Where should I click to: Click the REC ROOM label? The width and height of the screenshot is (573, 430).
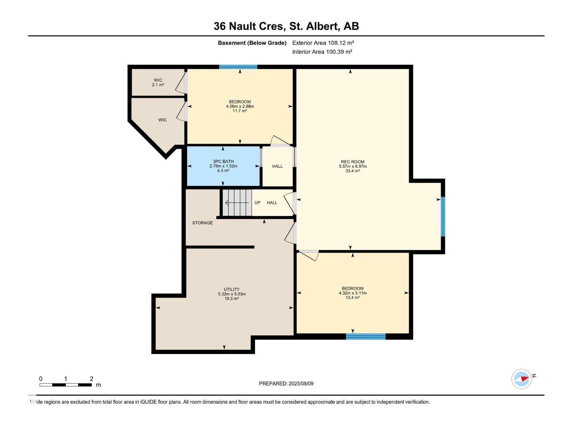point(352,162)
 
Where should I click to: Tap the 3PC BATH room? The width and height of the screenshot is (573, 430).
point(223,166)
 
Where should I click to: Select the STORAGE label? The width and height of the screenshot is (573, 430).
point(202,223)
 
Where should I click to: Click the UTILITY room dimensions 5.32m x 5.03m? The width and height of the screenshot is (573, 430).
point(232,294)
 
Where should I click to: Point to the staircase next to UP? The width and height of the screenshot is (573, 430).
point(237,203)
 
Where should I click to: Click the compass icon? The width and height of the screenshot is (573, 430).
point(521,379)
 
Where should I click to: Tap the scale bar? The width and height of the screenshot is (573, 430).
point(66,385)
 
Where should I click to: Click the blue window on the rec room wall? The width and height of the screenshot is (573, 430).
point(443,216)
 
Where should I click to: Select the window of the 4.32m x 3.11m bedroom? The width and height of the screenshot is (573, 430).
point(366,336)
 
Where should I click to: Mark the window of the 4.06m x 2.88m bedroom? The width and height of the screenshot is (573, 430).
point(238,67)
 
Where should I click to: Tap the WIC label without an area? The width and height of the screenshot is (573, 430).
point(163,120)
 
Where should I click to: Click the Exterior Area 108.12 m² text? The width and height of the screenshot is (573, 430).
point(323,43)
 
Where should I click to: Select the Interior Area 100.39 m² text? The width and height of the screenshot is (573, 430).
point(322,52)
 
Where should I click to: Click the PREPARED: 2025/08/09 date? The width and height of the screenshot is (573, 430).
point(286,383)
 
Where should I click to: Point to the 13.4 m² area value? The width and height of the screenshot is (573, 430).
point(352,297)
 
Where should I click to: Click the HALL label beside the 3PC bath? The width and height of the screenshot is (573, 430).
point(277,166)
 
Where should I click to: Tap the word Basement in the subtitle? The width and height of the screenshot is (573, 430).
point(231,43)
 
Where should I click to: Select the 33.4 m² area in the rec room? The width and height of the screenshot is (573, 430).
point(352,171)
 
